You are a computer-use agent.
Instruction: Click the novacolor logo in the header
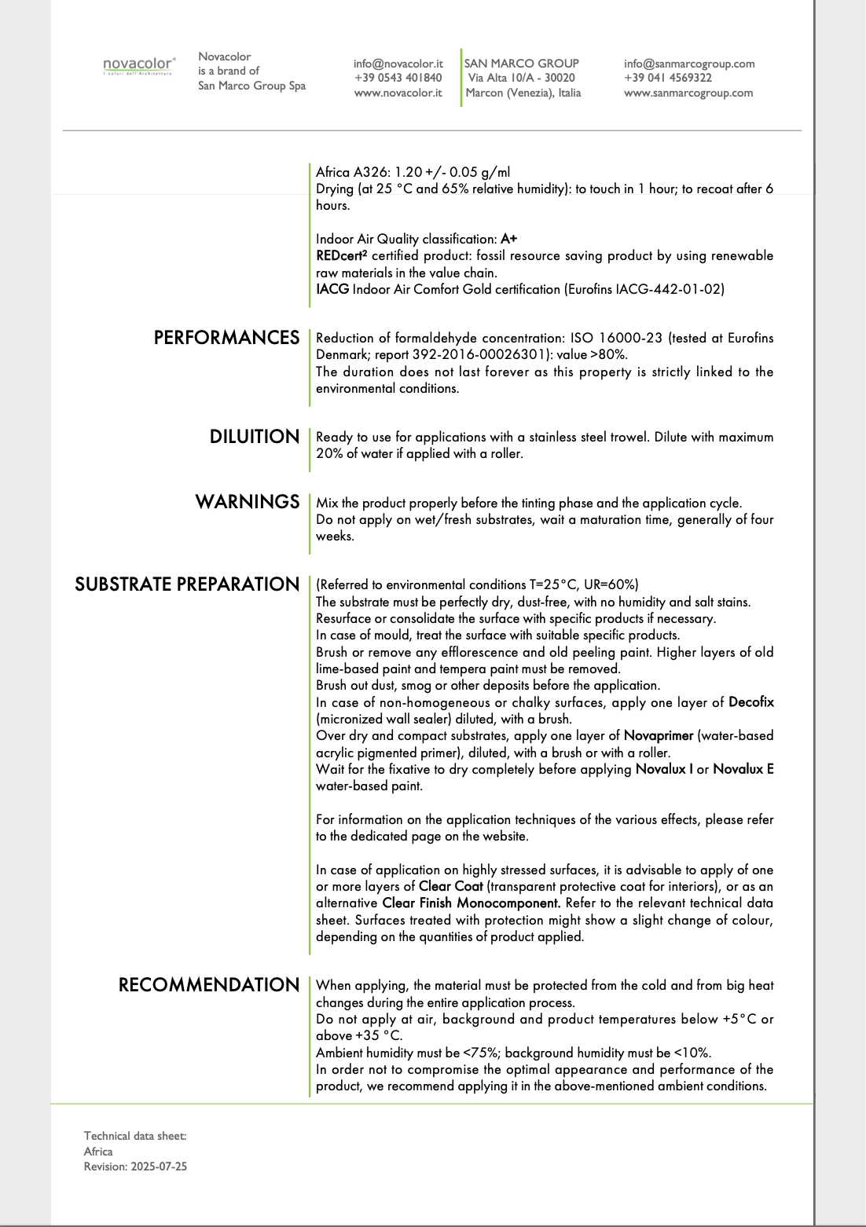pos(138,65)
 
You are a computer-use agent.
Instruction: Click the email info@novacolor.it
pos(398,64)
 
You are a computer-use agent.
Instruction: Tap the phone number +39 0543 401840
pos(398,78)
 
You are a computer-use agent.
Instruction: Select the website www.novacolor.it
pos(398,93)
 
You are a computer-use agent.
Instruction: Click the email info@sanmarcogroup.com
pos(689,64)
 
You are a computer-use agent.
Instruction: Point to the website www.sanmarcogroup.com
pos(688,93)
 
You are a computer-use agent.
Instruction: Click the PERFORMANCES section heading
pos(226,338)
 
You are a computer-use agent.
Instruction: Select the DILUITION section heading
pos(254,437)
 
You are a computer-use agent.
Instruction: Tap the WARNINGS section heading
pos(247,502)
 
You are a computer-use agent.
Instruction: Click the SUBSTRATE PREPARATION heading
pos(187,584)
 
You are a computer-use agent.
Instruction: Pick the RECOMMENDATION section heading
pos(209,985)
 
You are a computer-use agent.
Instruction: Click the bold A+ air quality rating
pos(508,239)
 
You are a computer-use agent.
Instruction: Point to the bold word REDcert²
pos(341,255)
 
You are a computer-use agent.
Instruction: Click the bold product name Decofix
pos(750,702)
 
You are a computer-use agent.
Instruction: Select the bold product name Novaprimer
pos(659,736)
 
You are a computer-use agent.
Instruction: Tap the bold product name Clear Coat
pos(450,887)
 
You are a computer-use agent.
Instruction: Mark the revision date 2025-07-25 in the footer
pos(159,1167)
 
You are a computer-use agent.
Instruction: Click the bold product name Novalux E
pos(743,769)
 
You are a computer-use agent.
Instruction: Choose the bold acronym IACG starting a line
pos(332,289)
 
